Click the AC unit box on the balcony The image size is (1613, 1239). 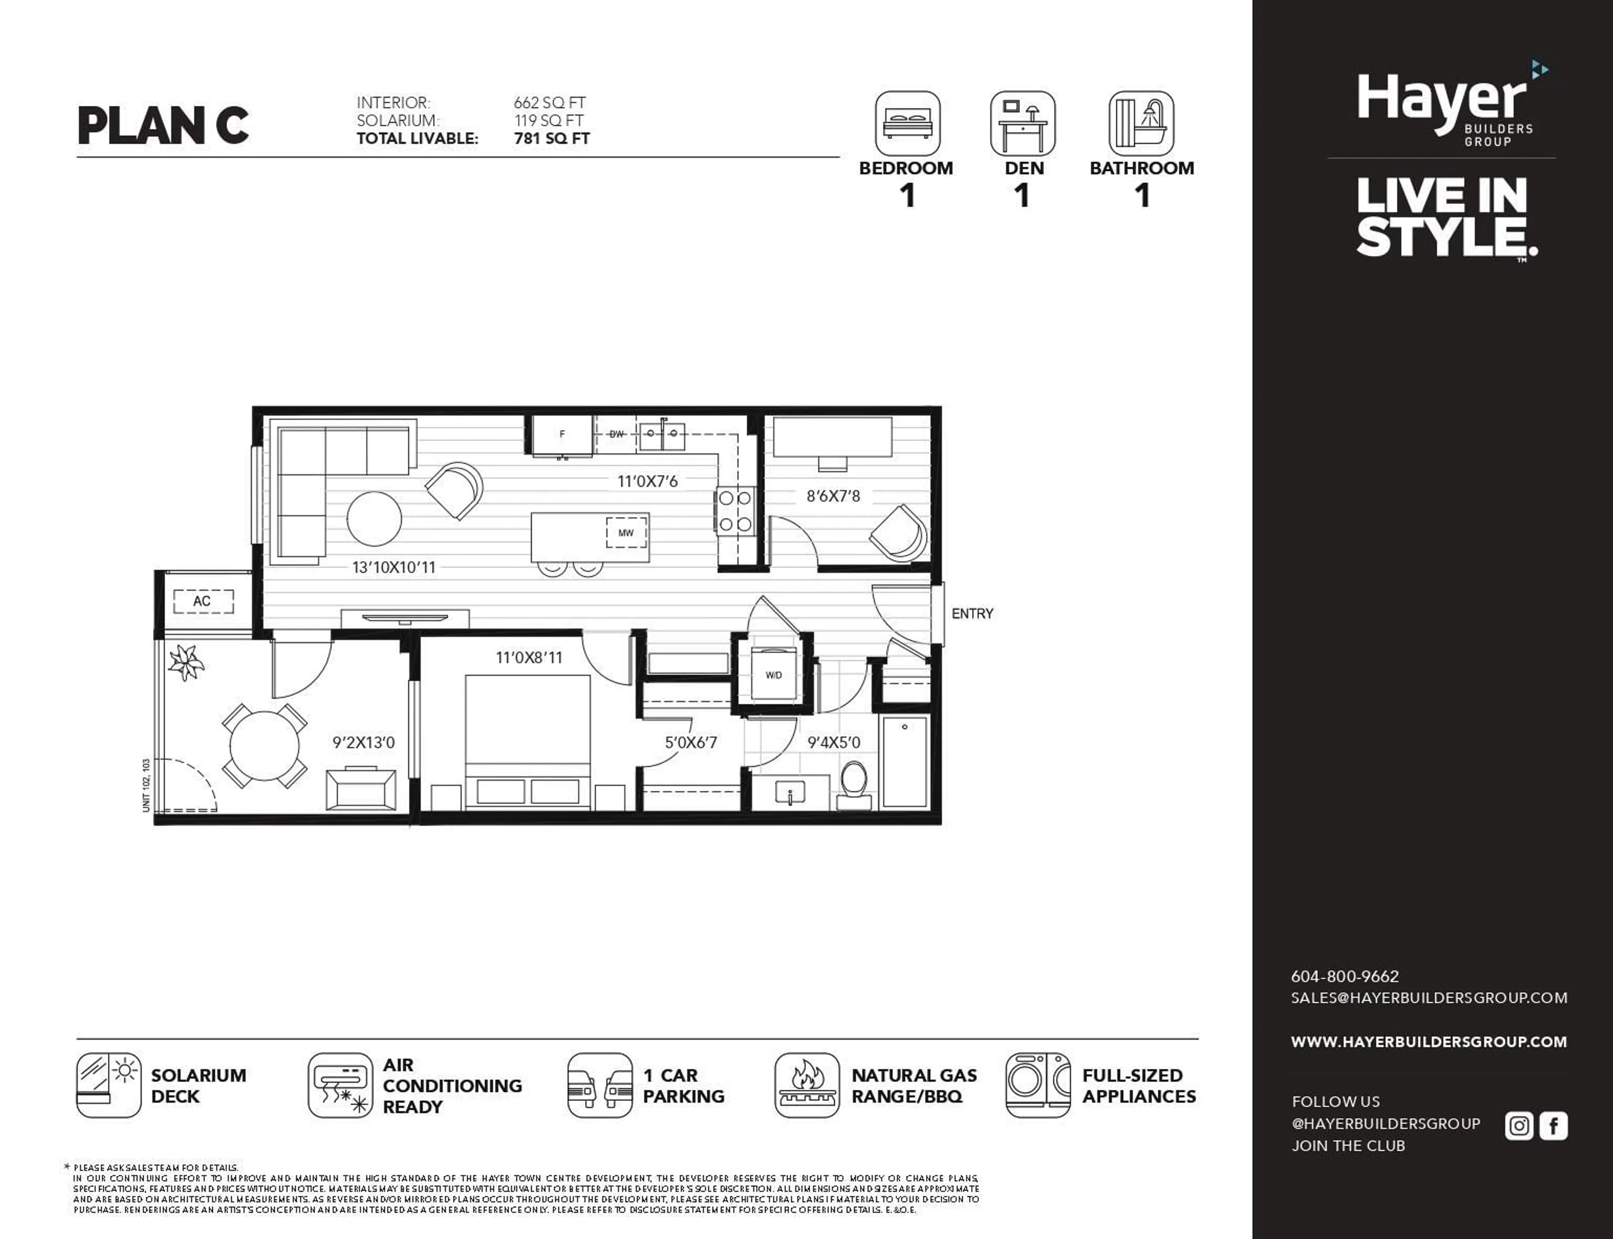(203, 601)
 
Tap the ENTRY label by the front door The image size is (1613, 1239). (972, 613)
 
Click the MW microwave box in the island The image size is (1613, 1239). (626, 532)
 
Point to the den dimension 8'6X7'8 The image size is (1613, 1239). (833, 496)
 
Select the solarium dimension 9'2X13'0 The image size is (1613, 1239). (363, 743)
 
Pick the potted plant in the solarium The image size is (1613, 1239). (186, 662)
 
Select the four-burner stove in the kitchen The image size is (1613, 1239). (735, 511)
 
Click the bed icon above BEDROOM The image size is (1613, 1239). (907, 123)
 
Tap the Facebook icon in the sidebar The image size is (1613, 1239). (1553, 1126)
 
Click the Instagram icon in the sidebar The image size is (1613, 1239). (1518, 1126)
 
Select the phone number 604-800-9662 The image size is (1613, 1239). (1345, 976)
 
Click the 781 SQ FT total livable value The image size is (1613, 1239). (552, 139)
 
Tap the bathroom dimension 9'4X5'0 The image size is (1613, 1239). (833, 743)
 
